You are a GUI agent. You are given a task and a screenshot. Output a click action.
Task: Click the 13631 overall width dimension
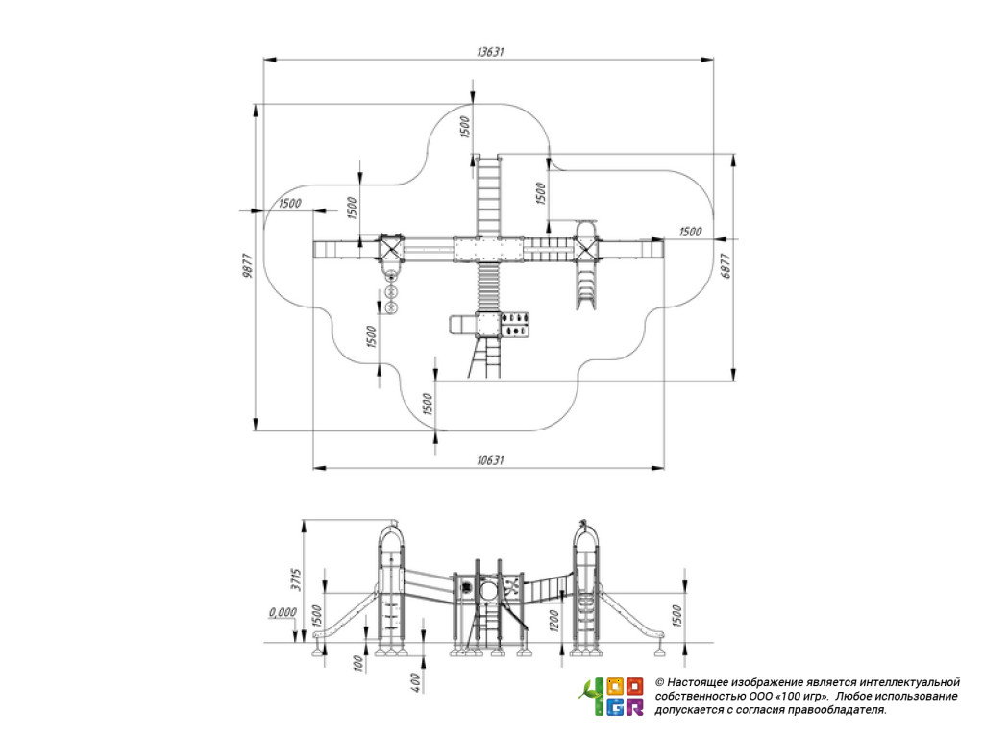pyautogui.click(x=490, y=52)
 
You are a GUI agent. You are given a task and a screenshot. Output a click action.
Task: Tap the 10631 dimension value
pyautogui.click(x=490, y=460)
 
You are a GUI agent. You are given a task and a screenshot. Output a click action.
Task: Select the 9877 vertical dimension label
pyautogui.click(x=248, y=265)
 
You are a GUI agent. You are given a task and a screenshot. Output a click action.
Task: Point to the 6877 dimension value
pyautogui.click(x=726, y=265)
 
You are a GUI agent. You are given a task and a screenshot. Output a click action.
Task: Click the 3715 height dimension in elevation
pyautogui.click(x=296, y=579)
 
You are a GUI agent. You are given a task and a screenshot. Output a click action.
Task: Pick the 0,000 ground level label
pyautogui.click(x=283, y=612)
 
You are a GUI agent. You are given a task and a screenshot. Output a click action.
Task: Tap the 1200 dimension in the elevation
pyautogui.click(x=554, y=620)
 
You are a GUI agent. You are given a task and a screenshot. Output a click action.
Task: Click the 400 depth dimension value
pyautogui.click(x=415, y=683)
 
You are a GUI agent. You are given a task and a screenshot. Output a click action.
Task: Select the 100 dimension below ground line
pyautogui.click(x=358, y=664)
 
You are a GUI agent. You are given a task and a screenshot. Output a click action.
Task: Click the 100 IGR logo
pyautogui.click(x=611, y=696)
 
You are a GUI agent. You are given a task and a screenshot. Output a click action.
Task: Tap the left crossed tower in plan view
pyautogui.click(x=390, y=249)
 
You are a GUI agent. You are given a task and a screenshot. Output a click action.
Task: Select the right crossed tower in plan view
pyautogui.click(x=585, y=249)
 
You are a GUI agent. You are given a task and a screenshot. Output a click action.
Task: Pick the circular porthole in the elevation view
pyautogui.click(x=488, y=590)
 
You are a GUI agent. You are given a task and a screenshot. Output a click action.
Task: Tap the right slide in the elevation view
pyautogui.click(x=630, y=615)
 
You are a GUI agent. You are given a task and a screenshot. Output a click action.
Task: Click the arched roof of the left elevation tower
pyautogui.click(x=391, y=534)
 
